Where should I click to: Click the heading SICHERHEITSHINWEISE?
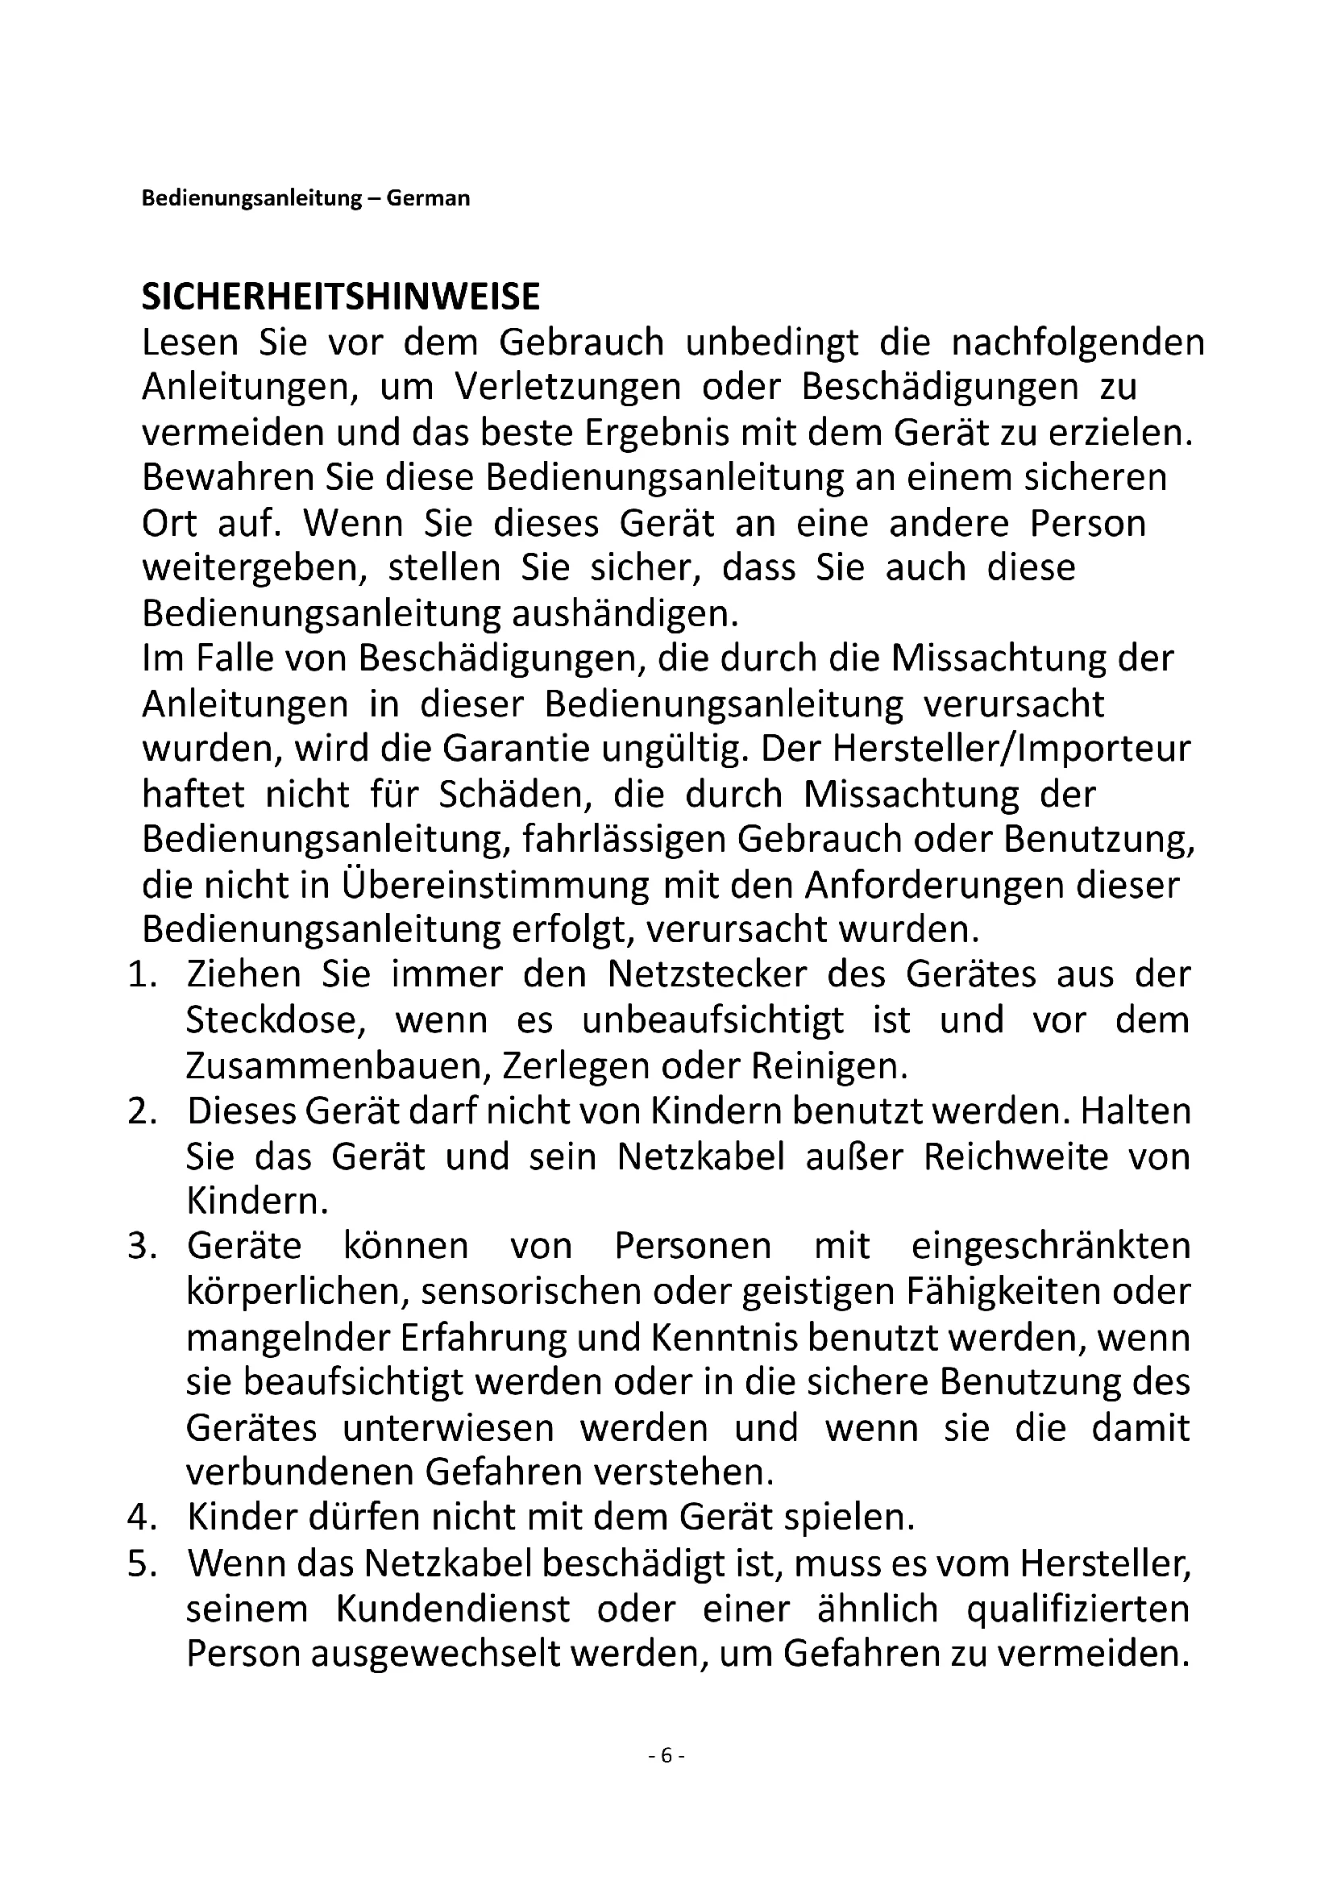341,297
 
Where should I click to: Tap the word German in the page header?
428,199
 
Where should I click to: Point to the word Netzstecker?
707,975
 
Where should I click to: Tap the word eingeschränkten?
1050,1246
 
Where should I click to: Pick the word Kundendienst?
452,1609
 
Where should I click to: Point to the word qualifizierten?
1078,1609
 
